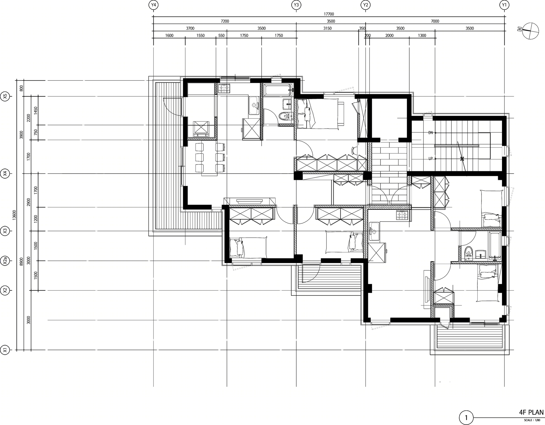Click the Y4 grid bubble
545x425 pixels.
click(153, 5)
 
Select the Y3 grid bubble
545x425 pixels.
click(296, 5)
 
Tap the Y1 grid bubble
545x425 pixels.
click(504, 5)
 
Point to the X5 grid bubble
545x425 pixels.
click(5, 96)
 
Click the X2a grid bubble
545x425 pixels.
click(5, 261)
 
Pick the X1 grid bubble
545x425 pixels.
click(5, 350)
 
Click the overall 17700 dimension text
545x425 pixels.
click(329, 14)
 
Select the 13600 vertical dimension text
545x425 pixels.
click(14, 215)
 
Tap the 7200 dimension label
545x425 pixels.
click(225, 21)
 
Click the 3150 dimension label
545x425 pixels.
click(327, 28)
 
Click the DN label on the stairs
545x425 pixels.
click(431, 133)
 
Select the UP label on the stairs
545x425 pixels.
click(431, 159)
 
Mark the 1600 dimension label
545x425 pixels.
click(169, 35)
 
